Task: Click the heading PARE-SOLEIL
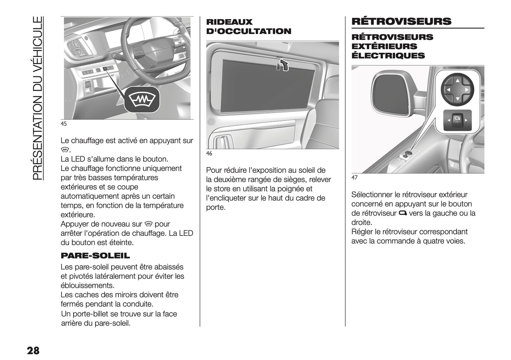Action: [x=95, y=256]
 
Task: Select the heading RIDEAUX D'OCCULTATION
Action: [x=249, y=27]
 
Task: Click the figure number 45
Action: [x=64, y=124]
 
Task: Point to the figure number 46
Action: [x=209, y=153]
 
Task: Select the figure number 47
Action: [x=354, y=178]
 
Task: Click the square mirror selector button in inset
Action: [x=457, y=120]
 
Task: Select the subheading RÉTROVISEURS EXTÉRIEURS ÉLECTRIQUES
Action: [x=392, y=46]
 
